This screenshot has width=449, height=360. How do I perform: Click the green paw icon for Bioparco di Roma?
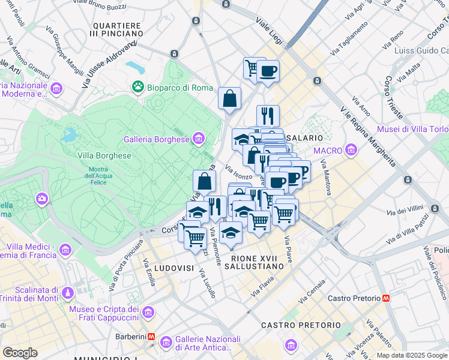pos(139,87)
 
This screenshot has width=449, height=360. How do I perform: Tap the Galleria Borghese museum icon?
pos(199,140)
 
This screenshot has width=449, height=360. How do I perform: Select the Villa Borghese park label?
pos(104,155)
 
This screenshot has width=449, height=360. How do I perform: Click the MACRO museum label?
pos(328,150)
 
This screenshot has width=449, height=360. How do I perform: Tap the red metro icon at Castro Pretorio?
pos(386,298)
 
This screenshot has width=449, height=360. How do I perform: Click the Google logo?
pos(20,353)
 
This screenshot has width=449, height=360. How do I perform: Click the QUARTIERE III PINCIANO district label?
pos(117,31)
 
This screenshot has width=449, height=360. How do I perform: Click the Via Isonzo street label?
pos(238,172)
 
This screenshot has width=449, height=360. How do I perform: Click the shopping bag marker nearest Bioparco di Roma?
pos(230,99)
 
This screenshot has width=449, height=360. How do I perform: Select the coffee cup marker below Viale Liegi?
pos(268,71)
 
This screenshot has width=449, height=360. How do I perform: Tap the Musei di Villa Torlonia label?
pos(412,130)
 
